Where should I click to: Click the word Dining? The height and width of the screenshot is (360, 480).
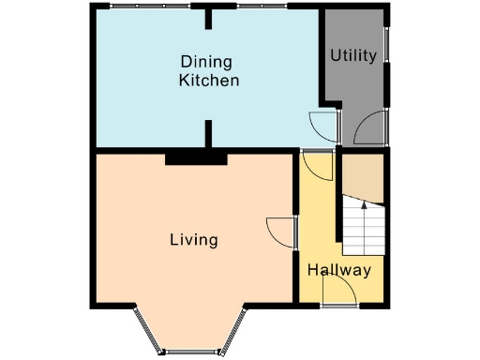pyautogui.click(x=208, y=63)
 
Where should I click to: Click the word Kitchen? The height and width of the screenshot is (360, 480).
pyautogui.click(x=208, y=81)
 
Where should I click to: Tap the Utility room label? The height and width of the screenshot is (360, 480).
pyautogui.click(x=353, y=55)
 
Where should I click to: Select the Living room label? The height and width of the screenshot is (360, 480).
pyautogui.click(x=193, y=240)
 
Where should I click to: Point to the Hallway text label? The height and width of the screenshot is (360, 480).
pyautogui.click(x=339, y=270)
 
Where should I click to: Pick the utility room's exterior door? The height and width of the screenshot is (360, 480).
pyautogui.click(x=371, y=127)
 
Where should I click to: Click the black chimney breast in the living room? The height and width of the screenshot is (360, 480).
pyautogui.click(x=196, y=158)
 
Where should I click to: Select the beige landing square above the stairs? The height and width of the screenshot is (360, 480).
pyautogui.click(x=362, y=178)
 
